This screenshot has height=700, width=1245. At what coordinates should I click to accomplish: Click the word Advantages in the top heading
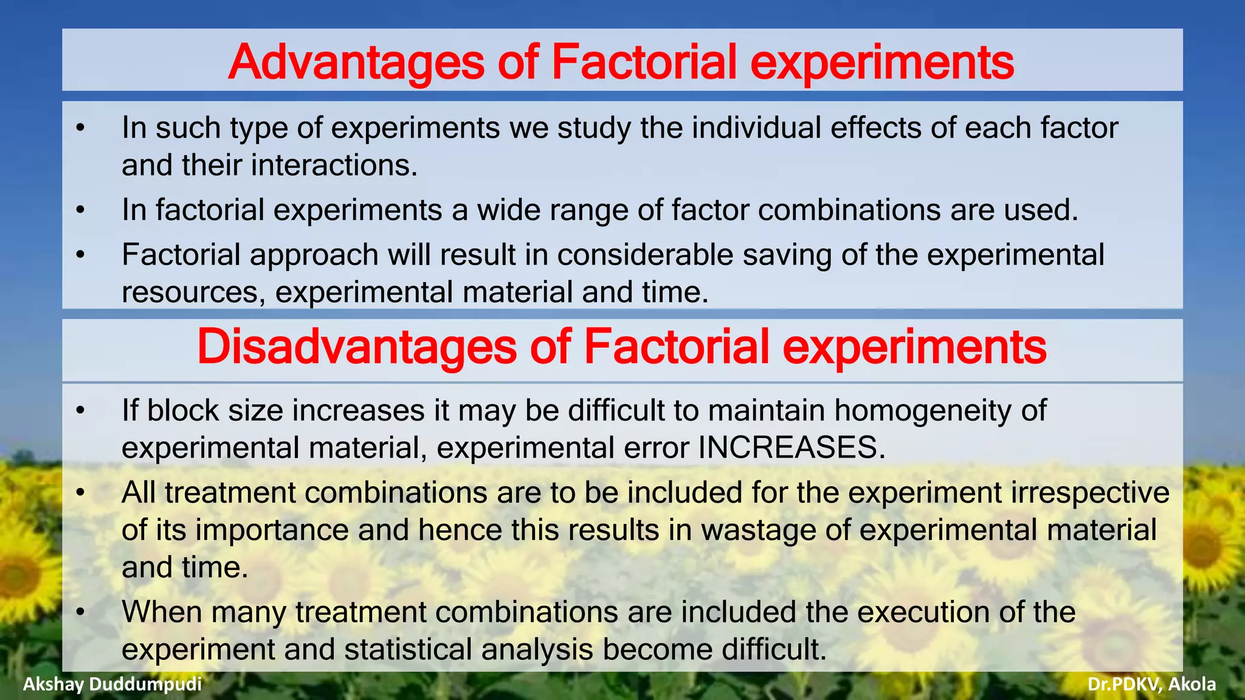[x=356, y=62]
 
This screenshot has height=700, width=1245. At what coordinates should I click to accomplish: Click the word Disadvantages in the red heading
[x=357, y=347]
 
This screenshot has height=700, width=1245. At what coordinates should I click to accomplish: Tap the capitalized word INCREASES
[x=791, y=448]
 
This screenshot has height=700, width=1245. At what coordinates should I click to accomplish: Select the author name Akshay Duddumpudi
[x=112, y=684]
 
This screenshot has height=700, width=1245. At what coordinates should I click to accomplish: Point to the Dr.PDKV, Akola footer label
[x=1151, y=684]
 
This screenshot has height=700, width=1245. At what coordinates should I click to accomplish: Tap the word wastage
[x=758, y=530]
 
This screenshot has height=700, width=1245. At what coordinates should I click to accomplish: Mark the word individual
[x=756, y=128]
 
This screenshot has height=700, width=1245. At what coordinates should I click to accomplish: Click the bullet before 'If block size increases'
[x=80, y=411]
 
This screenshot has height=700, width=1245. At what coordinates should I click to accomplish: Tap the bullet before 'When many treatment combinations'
[x=80, y=612]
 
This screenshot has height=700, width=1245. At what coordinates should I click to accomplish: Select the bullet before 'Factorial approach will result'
[x=80, y=255]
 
